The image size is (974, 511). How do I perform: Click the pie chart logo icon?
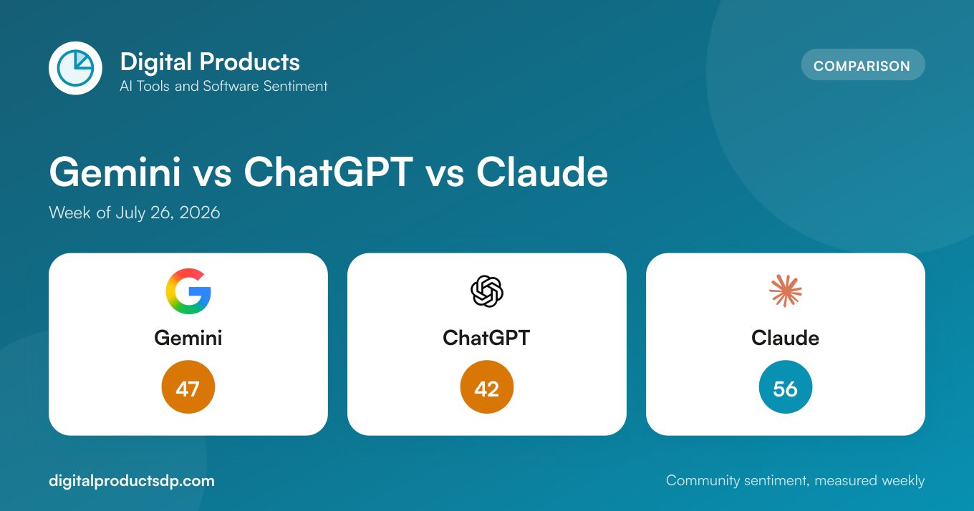(x=75, y=68)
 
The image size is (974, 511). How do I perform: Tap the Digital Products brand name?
(x=210, y=62)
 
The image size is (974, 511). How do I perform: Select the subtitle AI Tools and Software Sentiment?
(x=223, y=86)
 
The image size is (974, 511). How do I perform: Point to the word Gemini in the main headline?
(x=115, y=172)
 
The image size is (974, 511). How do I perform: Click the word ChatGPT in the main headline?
(x=328, y=172)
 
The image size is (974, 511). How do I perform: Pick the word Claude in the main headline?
(x=541, y=172)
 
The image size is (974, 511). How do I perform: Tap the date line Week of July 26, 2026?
(x=135, y=213)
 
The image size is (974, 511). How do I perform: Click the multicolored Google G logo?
(x=188, y=291)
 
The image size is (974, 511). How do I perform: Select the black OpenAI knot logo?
(x=487, y=291)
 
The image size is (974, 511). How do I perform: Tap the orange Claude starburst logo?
(x=785, y=291)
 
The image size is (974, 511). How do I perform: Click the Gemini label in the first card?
(x=188, y=338)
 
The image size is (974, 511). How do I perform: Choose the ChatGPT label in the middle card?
(x=486, y=338)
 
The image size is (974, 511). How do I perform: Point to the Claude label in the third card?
(x=785, y=338)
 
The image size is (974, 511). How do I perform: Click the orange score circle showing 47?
(x=188, y=386)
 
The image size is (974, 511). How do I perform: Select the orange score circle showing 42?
(x=487, y=386)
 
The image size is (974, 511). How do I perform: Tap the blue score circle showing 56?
(x=785, y=386)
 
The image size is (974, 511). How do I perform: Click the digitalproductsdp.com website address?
(x=132, y=481)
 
